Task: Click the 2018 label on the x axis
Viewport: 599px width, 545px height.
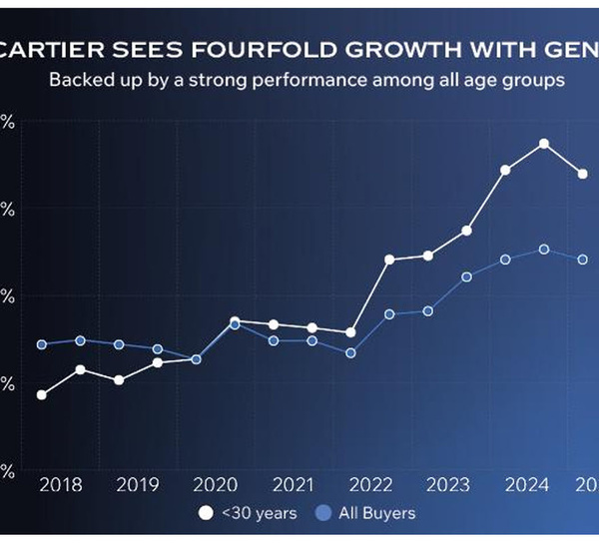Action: pos(60,486)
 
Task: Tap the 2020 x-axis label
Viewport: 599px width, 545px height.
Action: pos(215,486)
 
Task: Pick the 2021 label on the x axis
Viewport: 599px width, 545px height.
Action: pos(293,486)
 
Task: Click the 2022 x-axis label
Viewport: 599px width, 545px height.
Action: pos(370,486)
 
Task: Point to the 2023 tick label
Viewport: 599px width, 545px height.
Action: pos(448,486)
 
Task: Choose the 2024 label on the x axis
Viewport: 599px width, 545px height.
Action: pos(526,486)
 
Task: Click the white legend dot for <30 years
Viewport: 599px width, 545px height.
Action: pos(207,513)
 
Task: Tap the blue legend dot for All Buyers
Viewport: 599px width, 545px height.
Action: pos(322,513)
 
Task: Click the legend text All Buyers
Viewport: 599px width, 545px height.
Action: pos(376,513)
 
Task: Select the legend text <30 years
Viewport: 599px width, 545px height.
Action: pos(259,513)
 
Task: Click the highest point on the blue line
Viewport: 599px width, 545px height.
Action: pos(544,249)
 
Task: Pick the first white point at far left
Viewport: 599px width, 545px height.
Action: pos(42,394)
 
